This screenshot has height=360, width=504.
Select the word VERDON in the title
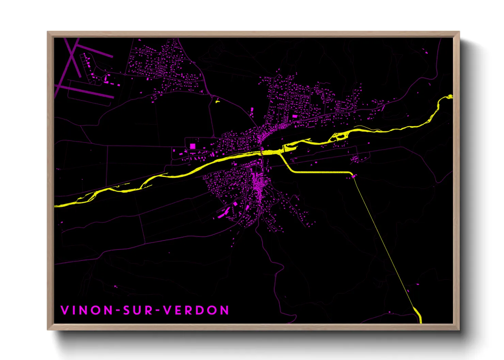click(x=196, y=310)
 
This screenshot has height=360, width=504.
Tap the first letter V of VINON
click(x=65, y=310)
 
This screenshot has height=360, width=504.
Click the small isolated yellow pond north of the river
click(x=217, y=101)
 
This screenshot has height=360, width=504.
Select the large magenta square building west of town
click(x=193, y=146)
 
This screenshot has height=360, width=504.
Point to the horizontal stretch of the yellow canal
click(x=320, y=173)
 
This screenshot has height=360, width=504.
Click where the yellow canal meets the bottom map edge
click(x=421, y=322)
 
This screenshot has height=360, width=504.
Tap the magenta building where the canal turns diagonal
click(x=354, y=176)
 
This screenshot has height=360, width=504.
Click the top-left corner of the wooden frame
click(x=48, y=32)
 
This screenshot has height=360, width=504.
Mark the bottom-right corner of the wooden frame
click(x=459, y=329)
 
